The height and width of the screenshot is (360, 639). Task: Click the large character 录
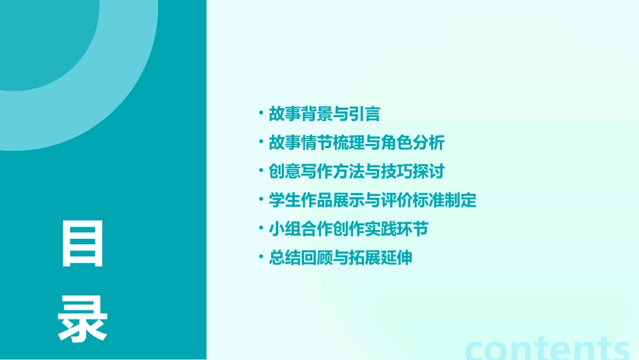point(83,320)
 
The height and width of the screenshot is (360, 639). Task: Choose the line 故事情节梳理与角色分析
point(356,143)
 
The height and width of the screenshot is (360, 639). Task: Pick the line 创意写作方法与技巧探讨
point(356,171)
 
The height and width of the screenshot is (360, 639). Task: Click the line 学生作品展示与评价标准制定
point(372,200)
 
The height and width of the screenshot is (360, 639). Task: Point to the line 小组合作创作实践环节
point(348,229)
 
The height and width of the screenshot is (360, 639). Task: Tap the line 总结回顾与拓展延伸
point(340,258)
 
